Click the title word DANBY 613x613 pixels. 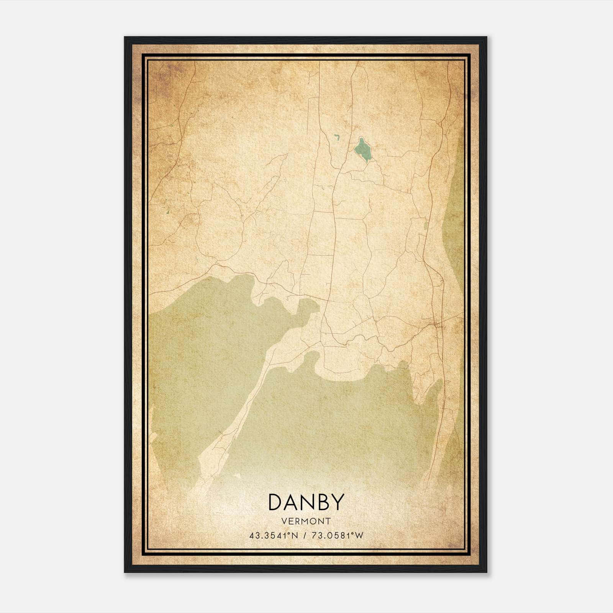coord(306,502)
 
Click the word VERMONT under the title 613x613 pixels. coord(306,521)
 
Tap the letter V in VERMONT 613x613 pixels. coord(284,521)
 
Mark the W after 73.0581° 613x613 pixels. coord(359,536)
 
